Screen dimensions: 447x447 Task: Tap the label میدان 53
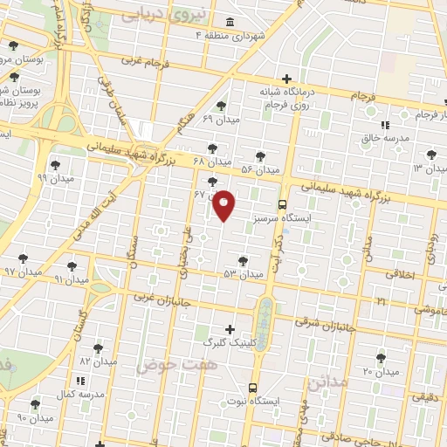pyautogui.click(x=243, y=274)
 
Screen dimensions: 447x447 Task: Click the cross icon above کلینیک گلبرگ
pyautogui.click(x=230, y=329)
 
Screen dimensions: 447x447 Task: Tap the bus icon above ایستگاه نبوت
pyautogui.click(x=253, y=387)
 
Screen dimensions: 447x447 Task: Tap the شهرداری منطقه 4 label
pyautogui.click(x=230, y=35)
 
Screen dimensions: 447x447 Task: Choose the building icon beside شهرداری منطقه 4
pyautogui.click(x=229, y=22)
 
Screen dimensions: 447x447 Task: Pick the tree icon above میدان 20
pyautogui.click(x=381, y=358)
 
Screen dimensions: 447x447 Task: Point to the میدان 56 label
pyautogui.click(x=259, y=168)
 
